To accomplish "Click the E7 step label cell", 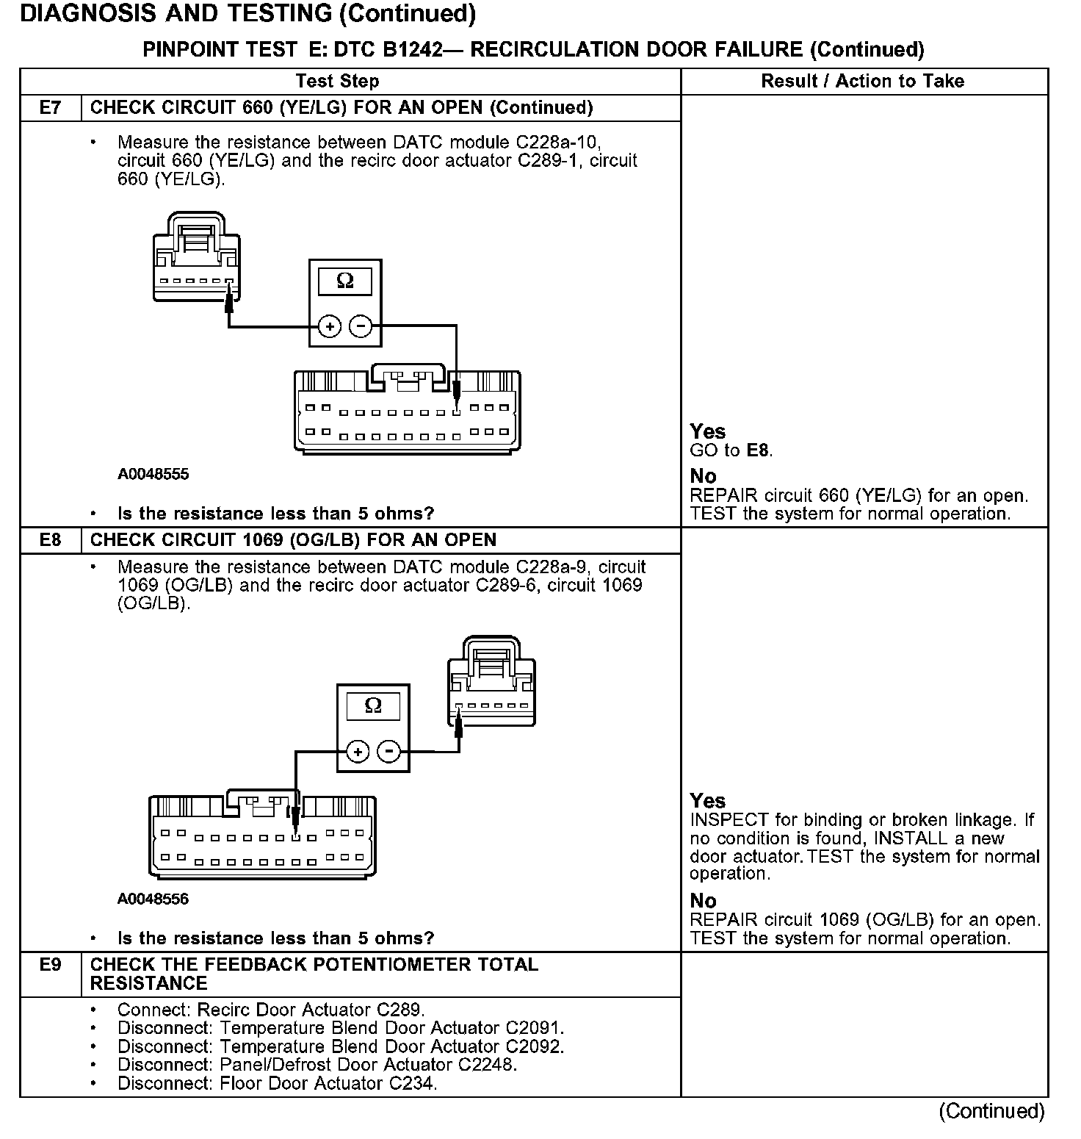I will [50, 108].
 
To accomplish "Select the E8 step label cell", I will [50, 540].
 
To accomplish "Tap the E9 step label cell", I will [50, 965].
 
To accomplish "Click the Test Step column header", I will [337, 82].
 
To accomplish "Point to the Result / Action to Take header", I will [863, 82].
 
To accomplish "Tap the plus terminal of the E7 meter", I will [330, 326].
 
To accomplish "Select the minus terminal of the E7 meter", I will [360, 326].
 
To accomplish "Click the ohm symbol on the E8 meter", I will [373, 706].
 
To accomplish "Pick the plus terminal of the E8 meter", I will [358, 752].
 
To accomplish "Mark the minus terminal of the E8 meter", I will [388, 752].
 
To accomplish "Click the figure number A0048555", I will [153, 475].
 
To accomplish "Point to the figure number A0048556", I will [153, 899].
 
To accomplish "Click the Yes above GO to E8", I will [707, 432].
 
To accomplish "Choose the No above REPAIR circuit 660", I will [703, 477].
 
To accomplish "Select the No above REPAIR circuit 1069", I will [703, 901].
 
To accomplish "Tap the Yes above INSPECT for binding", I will [707, 801].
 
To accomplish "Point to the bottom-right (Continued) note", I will [991, 1112].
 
